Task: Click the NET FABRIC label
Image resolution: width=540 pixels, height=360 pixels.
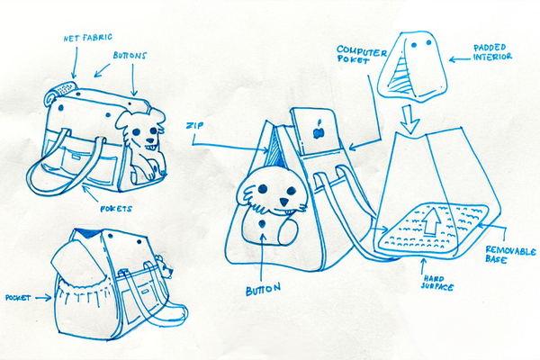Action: (88, 38)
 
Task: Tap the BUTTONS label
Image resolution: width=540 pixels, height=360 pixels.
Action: (130, 56)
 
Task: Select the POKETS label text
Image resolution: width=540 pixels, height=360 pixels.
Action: (116, 209)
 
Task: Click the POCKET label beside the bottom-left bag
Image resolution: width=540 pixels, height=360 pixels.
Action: (18, 297)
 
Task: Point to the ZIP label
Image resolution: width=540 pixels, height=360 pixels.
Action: (194, 125)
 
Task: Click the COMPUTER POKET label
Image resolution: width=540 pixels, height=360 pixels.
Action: (361, 54)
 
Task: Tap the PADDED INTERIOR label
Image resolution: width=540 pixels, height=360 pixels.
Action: (492, 52)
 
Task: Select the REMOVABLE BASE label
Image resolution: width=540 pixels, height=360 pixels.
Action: (510, 254)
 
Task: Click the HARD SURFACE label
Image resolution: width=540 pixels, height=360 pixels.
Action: (437, 283)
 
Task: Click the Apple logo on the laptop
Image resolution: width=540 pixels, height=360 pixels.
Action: (319, 130)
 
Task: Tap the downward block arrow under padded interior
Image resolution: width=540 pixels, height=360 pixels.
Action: (409, 119)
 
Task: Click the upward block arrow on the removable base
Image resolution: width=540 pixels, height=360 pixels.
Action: (433, 220)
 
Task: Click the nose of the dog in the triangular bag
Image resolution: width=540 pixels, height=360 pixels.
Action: (284, 202)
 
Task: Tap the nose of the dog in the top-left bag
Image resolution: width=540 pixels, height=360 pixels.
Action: (150, 140)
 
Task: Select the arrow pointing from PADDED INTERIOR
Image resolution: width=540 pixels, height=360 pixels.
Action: (460, 60)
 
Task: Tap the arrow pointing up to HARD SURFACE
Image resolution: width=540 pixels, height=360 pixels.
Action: (423, 265)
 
